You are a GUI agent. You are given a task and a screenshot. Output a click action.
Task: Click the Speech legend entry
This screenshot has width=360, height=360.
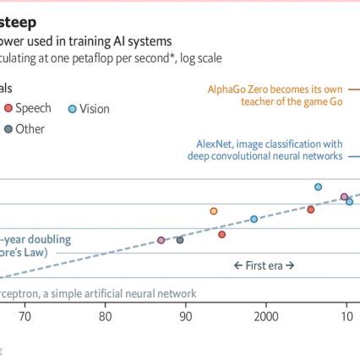coord(32,108)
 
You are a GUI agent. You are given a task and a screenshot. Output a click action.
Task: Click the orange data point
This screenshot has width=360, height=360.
coord(214,211)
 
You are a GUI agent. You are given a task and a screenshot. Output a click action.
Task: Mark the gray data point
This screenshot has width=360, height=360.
coord(180,240)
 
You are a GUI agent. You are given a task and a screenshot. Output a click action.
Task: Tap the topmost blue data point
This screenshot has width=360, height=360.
coord(318,187)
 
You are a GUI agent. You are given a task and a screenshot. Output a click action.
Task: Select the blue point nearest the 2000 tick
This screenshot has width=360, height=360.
coord(254,219)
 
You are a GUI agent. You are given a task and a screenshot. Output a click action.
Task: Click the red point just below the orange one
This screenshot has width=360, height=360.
coord(221,234)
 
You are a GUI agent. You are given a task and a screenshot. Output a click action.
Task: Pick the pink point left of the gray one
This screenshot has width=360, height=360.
coord(161,240)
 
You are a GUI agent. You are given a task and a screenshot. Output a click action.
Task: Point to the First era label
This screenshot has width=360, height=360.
coord(264,265)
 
